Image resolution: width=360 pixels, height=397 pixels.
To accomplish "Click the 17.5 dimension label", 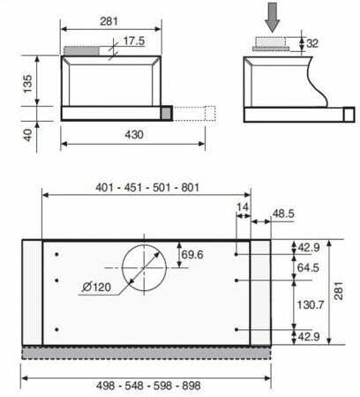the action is tap(134, 41).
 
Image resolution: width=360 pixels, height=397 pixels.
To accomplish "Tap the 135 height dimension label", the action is tap(27, 84).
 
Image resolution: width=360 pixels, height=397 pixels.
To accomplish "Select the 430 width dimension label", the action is tap(134, 135).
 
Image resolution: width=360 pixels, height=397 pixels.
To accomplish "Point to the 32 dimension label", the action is tap(312, 43).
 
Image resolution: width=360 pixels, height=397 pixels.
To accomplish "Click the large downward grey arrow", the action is tap(273, 18).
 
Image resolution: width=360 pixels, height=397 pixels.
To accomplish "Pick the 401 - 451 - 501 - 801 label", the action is tap(147, 187).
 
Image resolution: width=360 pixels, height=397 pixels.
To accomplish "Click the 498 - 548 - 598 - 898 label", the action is tap(148, 386).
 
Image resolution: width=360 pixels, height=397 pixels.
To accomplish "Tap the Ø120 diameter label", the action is tap(96, 287).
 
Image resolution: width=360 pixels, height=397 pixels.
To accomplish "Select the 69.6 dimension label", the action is tap(192, 255).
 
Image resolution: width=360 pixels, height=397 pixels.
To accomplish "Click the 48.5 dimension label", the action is tap(283, 213).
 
